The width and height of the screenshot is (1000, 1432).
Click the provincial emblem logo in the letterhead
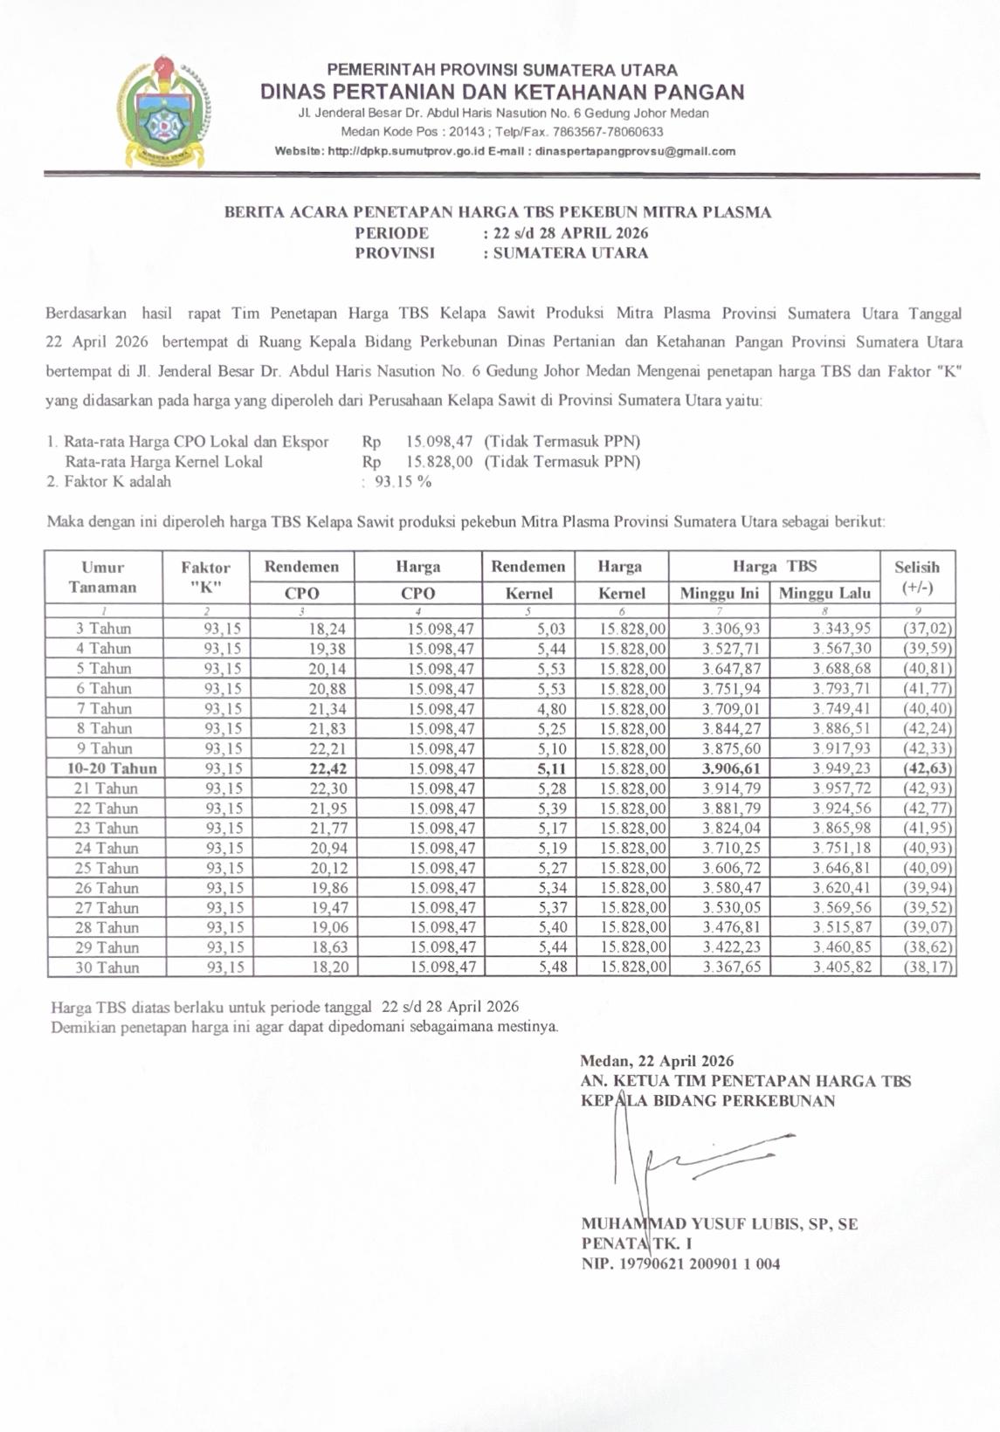click(165, 112)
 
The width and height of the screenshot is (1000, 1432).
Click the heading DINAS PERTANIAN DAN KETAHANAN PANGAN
click(502, 92)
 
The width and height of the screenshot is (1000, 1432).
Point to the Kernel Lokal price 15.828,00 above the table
click(439, 462)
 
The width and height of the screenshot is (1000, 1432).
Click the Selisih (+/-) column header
click(917, 577)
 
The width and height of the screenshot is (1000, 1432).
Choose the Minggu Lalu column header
click(824, 593)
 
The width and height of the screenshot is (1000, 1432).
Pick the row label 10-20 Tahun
click(113, 768)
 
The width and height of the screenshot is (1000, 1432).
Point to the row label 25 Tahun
click(107, 868)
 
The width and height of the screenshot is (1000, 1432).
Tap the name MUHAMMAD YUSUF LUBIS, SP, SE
click(719, 1224)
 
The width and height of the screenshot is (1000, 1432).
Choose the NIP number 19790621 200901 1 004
click(680, 1263)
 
